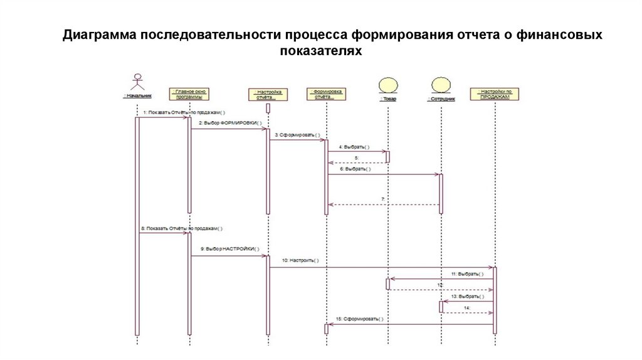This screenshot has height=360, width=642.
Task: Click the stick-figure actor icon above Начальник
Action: tap(137, 83)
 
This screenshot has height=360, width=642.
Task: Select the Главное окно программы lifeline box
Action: tap(189, 95)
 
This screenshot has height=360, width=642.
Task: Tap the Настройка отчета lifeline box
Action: tap(267, 95)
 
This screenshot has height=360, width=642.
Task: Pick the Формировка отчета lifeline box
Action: tap(327, 95)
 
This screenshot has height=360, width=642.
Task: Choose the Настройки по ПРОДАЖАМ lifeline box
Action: tap(495, 95)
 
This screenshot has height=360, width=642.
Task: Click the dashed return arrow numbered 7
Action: tap(382, 204)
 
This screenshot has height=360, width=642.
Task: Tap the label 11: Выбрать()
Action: tap(467, 274)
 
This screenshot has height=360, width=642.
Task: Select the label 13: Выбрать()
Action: tap(467, 296)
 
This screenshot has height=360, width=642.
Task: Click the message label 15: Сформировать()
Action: tap(364, 319)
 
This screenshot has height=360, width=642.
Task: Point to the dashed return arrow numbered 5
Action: tap(356, 162)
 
